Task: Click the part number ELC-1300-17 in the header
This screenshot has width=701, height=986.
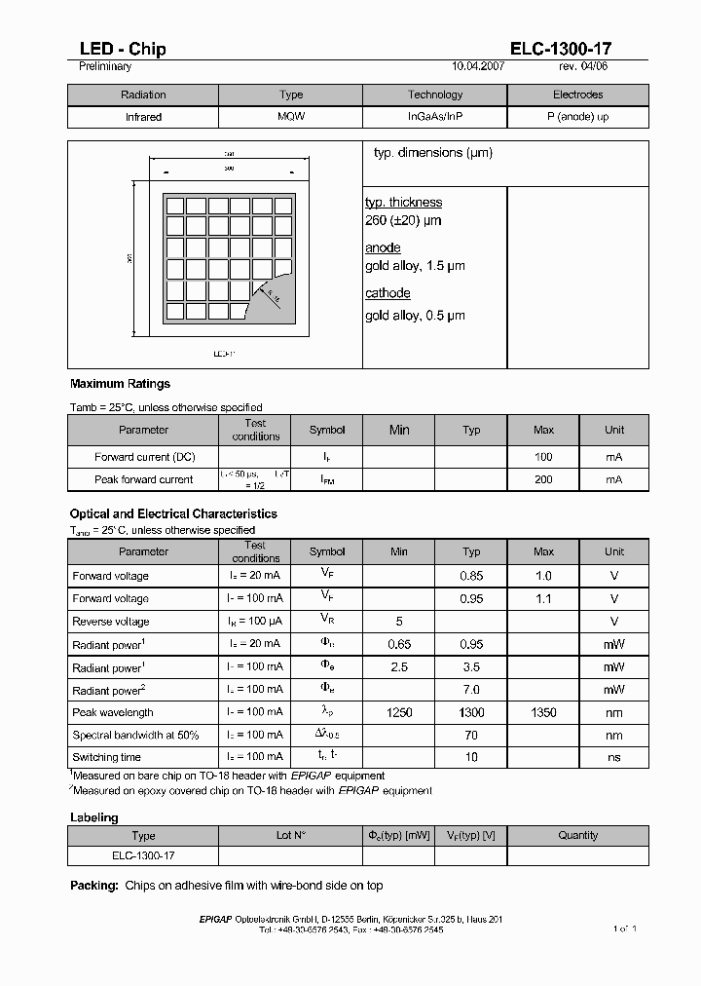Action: pyautogui.click(x=561, y=50)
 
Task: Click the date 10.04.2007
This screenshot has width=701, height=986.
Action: pyautogui.click(x=479, y=67)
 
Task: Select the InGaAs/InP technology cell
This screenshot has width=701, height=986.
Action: pyautogui.click(x=435, y=117)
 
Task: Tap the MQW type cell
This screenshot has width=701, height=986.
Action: pyautogui.click(x=290, y=117)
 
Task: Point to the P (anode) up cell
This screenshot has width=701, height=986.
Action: pyautogui.click(x=577, y=117)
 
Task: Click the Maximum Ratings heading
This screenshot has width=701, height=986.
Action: pyautogui.click(x=120, y=384)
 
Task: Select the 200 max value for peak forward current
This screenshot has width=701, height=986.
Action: pyautogui.click(x=543, y=479)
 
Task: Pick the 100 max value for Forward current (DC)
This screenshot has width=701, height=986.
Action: pyautogui.click(x=543, y=456)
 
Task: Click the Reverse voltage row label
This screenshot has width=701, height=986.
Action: pyautogui.click(x=110, y=622)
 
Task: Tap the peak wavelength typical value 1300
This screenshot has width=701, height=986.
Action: pyautogui.click(x=471, y=713)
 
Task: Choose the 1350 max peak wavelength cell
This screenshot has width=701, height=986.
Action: pyautogui.click(x=543, y=713)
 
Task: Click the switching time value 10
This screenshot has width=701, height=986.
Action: pyautogui.click(x=471, y=757)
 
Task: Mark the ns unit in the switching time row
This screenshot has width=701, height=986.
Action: pyautogui.click(x=614, y=757)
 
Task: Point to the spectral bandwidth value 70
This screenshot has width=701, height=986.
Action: pyautogui.click(x=471, y=736)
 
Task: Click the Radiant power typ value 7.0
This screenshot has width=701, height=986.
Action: pyautogui.click(x=471, y=691)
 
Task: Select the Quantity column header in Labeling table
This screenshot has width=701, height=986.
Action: pyautogui.click(x=577, y=835)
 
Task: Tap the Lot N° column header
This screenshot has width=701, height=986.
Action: pyautogui.click(x=290, y=835)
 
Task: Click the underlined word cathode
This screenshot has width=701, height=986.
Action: pyautogui.click(x=387, y=293)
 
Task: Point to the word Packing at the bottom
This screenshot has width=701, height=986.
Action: pyautogui.click(x=94, y=886)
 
